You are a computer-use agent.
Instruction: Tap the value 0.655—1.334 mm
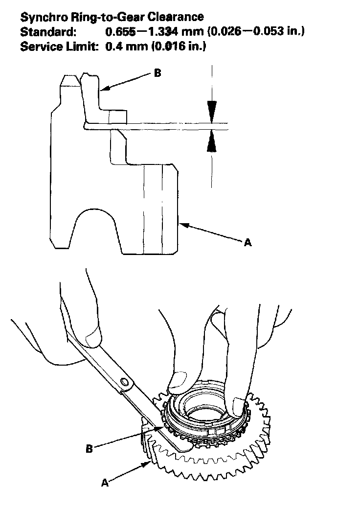[147, 32]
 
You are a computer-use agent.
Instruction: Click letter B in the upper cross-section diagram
[157, 73]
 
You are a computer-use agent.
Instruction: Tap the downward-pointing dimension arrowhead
[211, 111]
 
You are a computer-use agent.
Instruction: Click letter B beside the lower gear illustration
[90, 448]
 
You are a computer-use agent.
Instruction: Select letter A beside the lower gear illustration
[104, 482]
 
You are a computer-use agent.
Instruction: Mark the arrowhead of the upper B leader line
[103, 90]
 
